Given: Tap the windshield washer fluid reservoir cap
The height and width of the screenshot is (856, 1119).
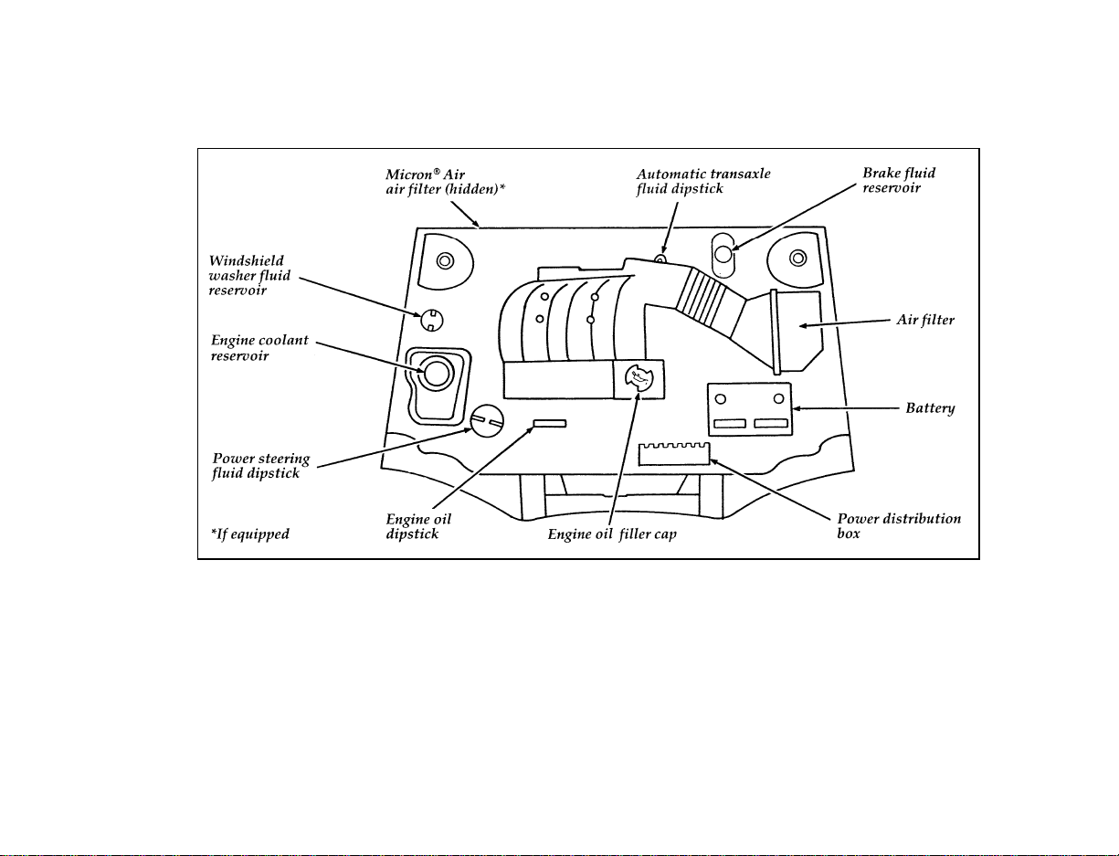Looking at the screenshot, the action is pos(432,321).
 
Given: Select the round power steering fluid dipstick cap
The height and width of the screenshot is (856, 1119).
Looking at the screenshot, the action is pos(486,420).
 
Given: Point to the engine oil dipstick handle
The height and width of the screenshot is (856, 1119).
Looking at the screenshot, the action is pos(550,423).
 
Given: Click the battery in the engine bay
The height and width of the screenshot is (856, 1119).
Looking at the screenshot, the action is pos(750,409).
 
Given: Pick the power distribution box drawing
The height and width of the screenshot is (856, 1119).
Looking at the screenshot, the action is pos(674,454).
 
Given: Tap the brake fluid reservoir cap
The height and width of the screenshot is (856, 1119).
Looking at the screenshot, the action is pos(723,254).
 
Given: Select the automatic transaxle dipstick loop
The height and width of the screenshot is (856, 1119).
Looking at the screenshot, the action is pos(660,259).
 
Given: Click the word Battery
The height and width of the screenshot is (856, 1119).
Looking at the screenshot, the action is pos(930,408).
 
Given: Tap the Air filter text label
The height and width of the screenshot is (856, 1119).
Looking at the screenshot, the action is pos(925,320).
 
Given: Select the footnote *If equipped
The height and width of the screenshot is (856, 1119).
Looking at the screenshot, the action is pos(249,534).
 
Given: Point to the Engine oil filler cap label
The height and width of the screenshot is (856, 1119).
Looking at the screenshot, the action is pos(612,534).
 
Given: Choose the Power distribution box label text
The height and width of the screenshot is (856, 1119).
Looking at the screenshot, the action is pos(899,526).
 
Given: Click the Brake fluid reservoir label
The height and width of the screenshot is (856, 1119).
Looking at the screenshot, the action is pos(899,181).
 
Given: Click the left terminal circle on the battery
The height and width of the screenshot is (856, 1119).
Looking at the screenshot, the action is pos(721,399).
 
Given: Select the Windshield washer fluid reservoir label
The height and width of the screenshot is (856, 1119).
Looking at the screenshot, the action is pos(249,276).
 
